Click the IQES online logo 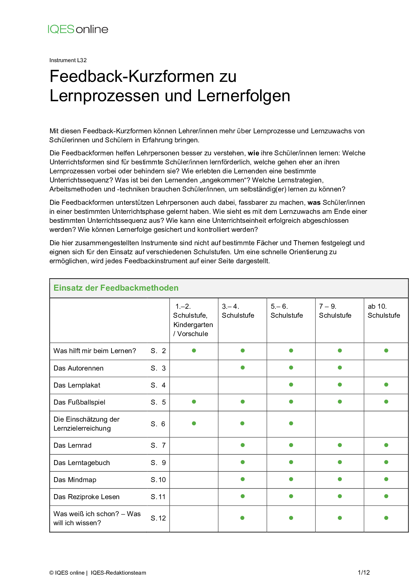(78, 29)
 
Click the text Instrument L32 (68, 60)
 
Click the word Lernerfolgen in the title (244, 96)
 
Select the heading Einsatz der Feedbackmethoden (116, 288)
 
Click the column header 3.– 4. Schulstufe (238, 311)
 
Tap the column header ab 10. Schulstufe (384, 311)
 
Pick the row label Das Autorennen (78, 368)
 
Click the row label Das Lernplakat (77, 385)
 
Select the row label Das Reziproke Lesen (86, 497)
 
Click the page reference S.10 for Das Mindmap (158, 480)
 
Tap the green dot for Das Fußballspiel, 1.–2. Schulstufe (194, 402)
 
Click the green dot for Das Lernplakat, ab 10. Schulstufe (386, 385)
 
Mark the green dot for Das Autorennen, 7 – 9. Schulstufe (340, 368)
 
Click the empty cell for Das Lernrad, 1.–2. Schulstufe (194, 445)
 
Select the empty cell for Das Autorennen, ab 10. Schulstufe (386, 368)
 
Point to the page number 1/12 (364, 572)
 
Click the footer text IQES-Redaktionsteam (119, 573)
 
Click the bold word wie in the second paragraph (253, 153)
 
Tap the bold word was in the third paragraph (314, 203)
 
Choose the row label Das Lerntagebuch (81, 463)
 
